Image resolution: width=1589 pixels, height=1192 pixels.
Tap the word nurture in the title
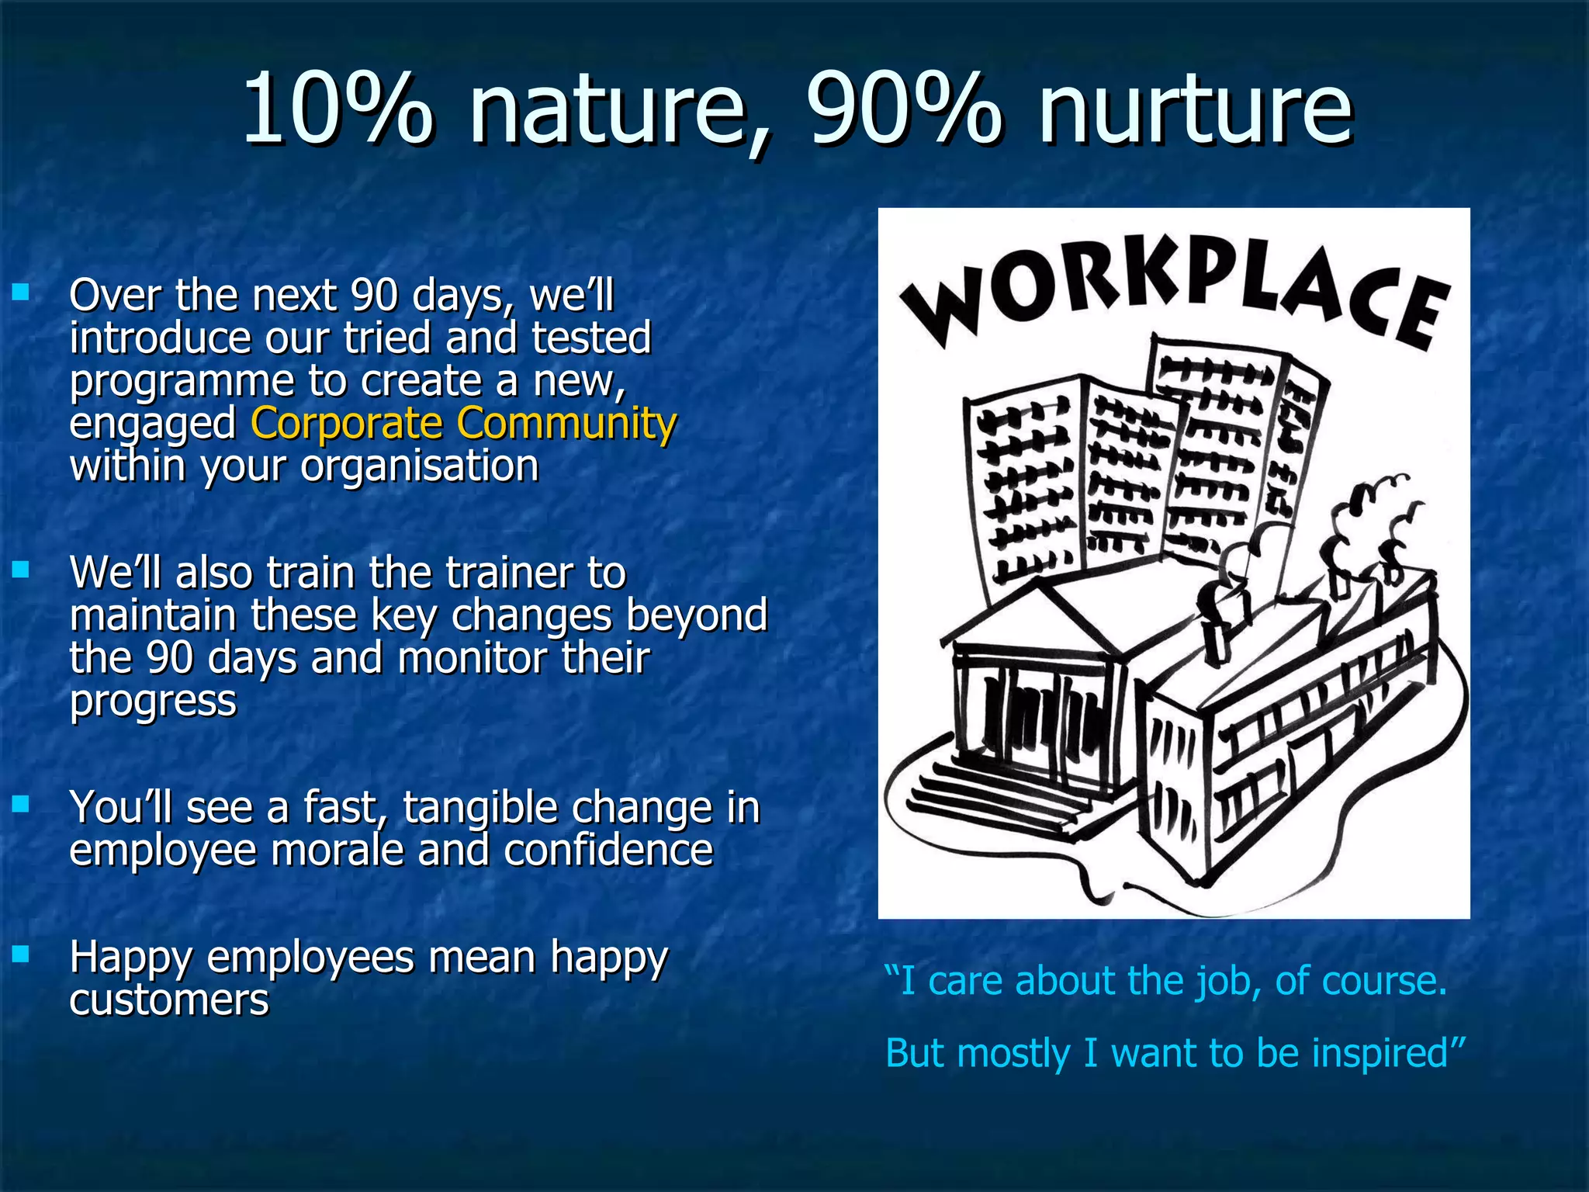1196,113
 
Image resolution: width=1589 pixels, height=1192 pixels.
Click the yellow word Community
566,424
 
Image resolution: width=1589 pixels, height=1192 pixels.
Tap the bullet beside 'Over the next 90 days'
21,293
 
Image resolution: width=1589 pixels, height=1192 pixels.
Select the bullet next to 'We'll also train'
21,570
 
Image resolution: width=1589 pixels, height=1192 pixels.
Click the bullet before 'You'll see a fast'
21,804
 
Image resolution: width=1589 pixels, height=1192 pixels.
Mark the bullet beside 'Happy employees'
21,953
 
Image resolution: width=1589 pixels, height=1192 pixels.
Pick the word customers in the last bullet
169,1000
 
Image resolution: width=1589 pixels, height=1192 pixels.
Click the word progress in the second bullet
153,701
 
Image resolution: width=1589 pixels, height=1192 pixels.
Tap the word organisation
419,466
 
